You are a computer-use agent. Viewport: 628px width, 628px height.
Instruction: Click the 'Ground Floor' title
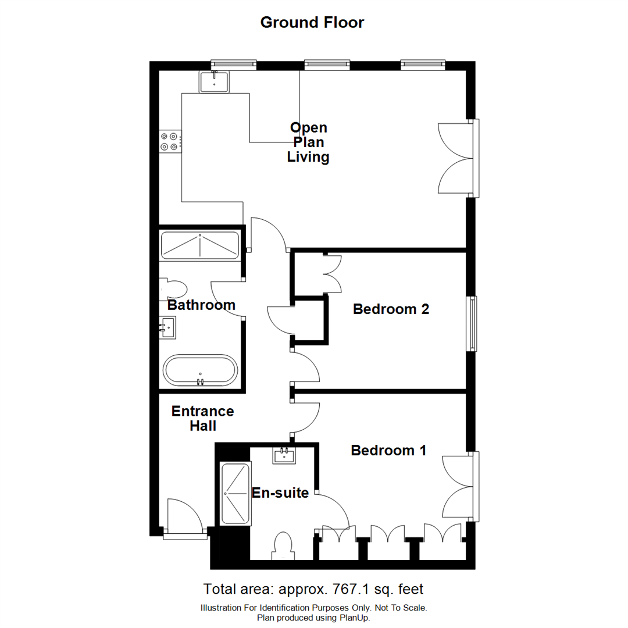pos(312,23)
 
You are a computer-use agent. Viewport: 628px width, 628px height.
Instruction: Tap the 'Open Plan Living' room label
pos(309,142)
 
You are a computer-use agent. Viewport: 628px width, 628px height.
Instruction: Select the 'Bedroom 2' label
pos(391,309)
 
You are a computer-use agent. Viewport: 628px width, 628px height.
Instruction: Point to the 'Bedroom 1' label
pos(388,450)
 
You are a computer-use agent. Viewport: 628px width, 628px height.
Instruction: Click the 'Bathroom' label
pos(201,305)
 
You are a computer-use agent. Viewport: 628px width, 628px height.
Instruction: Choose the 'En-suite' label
pos(280,493)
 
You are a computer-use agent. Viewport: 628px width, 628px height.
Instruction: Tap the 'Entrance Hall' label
pos(202,419)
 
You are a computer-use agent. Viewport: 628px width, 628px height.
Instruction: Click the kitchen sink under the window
pos(215,82)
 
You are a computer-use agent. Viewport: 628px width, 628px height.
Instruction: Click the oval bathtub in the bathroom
pos(200,370)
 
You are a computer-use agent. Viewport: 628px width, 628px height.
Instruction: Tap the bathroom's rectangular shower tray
pos(199,245)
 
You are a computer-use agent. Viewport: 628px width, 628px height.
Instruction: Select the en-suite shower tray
pos(235,493)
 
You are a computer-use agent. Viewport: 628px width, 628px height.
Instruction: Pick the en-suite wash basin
pos(284,455)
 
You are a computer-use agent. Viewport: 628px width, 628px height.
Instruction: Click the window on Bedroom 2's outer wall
pos(472,324)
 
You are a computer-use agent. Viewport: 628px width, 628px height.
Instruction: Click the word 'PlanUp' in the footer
pos(352,618)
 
